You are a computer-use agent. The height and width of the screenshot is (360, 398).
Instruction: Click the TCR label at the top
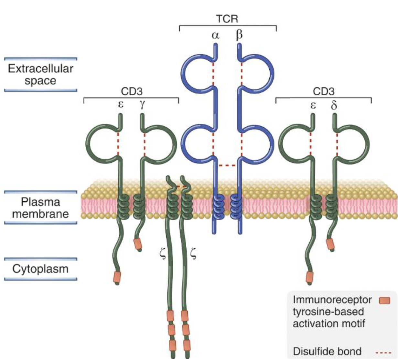[227, 19]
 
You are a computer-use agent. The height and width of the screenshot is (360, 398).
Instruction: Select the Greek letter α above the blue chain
[215, 35]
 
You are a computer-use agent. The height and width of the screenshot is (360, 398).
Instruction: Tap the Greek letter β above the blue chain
[239, 35]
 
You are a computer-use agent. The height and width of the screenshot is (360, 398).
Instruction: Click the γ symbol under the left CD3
[142, 105]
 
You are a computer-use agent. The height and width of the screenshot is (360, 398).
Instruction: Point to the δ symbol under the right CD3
[334, 105]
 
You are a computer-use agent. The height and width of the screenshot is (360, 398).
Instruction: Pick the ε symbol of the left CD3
[120, 105]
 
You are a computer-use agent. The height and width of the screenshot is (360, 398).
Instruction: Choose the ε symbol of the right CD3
[313, 105]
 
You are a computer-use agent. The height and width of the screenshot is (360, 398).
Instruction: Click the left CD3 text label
[132, 92]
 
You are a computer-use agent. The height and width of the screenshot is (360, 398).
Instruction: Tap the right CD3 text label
[323, 92]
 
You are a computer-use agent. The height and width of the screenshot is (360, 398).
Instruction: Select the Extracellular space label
[40, 75]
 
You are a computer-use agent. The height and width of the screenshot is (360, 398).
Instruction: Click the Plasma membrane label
[40, 208]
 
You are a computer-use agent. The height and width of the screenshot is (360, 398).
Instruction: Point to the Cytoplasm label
[40, 269]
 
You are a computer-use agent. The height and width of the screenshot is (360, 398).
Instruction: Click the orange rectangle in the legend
[384, 301]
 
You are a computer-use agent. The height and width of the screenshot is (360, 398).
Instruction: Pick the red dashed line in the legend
[384, 352]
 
